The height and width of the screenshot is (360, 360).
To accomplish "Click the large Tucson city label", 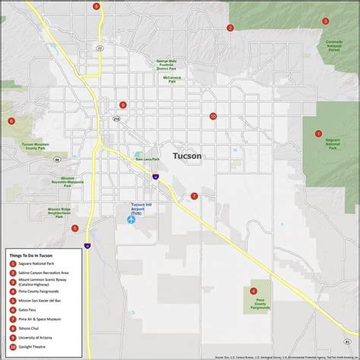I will tap(188, 156).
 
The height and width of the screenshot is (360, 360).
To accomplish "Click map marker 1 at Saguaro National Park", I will tap(319, 133).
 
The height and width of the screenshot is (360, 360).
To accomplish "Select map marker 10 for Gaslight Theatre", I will tap(213, 116).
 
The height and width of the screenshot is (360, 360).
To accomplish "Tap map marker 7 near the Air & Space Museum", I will tap(194, 196).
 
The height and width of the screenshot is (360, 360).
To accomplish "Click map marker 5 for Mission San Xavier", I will tap(74, 228).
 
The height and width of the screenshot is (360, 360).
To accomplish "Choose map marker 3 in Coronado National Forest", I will tap(325, 21).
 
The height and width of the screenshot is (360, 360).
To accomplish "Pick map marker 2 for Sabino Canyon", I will tap(229, 28).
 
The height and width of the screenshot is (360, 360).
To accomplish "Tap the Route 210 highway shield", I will tap(116, 118).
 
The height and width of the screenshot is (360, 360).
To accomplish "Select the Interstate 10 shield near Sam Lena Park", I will tap(155, 175).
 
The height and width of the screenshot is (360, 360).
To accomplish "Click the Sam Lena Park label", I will tap(147, 159).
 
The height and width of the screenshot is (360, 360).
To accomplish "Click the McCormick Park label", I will tap(172, 77).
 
